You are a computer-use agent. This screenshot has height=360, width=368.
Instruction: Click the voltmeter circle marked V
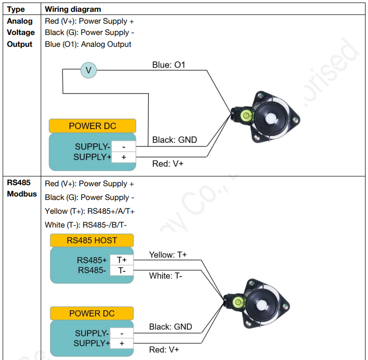[x=88, y=70]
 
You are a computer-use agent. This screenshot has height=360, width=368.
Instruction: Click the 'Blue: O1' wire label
[x=168, y=65]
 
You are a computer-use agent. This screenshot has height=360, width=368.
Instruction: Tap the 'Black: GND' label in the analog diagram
[x=174, y=140]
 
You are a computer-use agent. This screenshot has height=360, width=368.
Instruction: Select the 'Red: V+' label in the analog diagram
[x=167, y=164]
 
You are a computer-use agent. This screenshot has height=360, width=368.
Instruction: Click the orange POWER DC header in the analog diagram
[x=92, y=126]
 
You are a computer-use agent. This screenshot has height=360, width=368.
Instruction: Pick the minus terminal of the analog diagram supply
[x=123, y=147]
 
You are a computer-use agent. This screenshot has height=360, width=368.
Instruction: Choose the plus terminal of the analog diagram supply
[x=123, y=158]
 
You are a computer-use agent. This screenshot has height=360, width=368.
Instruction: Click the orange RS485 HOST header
[x=92, y=240]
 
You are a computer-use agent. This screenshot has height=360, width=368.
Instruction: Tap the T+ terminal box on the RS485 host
[x=122, y=260]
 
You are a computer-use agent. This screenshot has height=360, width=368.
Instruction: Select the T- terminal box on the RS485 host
[x=122, y=270]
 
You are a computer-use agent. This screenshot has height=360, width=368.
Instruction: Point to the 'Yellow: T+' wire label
[x=167, y=255]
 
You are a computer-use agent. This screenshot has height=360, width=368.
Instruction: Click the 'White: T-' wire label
[x=166, y=276]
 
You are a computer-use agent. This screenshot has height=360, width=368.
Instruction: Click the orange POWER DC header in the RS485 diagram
[x=92, y=313]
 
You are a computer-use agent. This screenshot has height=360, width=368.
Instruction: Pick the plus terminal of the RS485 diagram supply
[x=122, y=343]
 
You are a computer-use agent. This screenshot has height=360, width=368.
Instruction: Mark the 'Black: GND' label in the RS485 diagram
[x=170, y=327]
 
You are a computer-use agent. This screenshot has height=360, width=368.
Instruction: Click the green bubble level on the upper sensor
[x=245, y=116]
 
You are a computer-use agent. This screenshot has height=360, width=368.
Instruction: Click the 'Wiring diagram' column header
[x=72, y=9]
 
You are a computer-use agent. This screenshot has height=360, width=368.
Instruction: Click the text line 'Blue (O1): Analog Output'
[x=88, y=44]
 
